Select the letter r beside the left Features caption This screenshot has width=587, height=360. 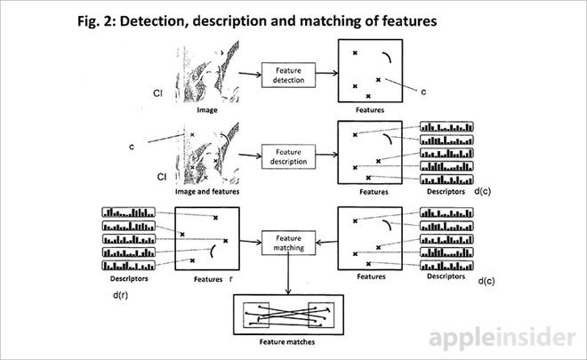click(x=230, y=277)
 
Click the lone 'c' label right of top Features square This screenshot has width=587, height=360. click(x=424, y=91)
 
